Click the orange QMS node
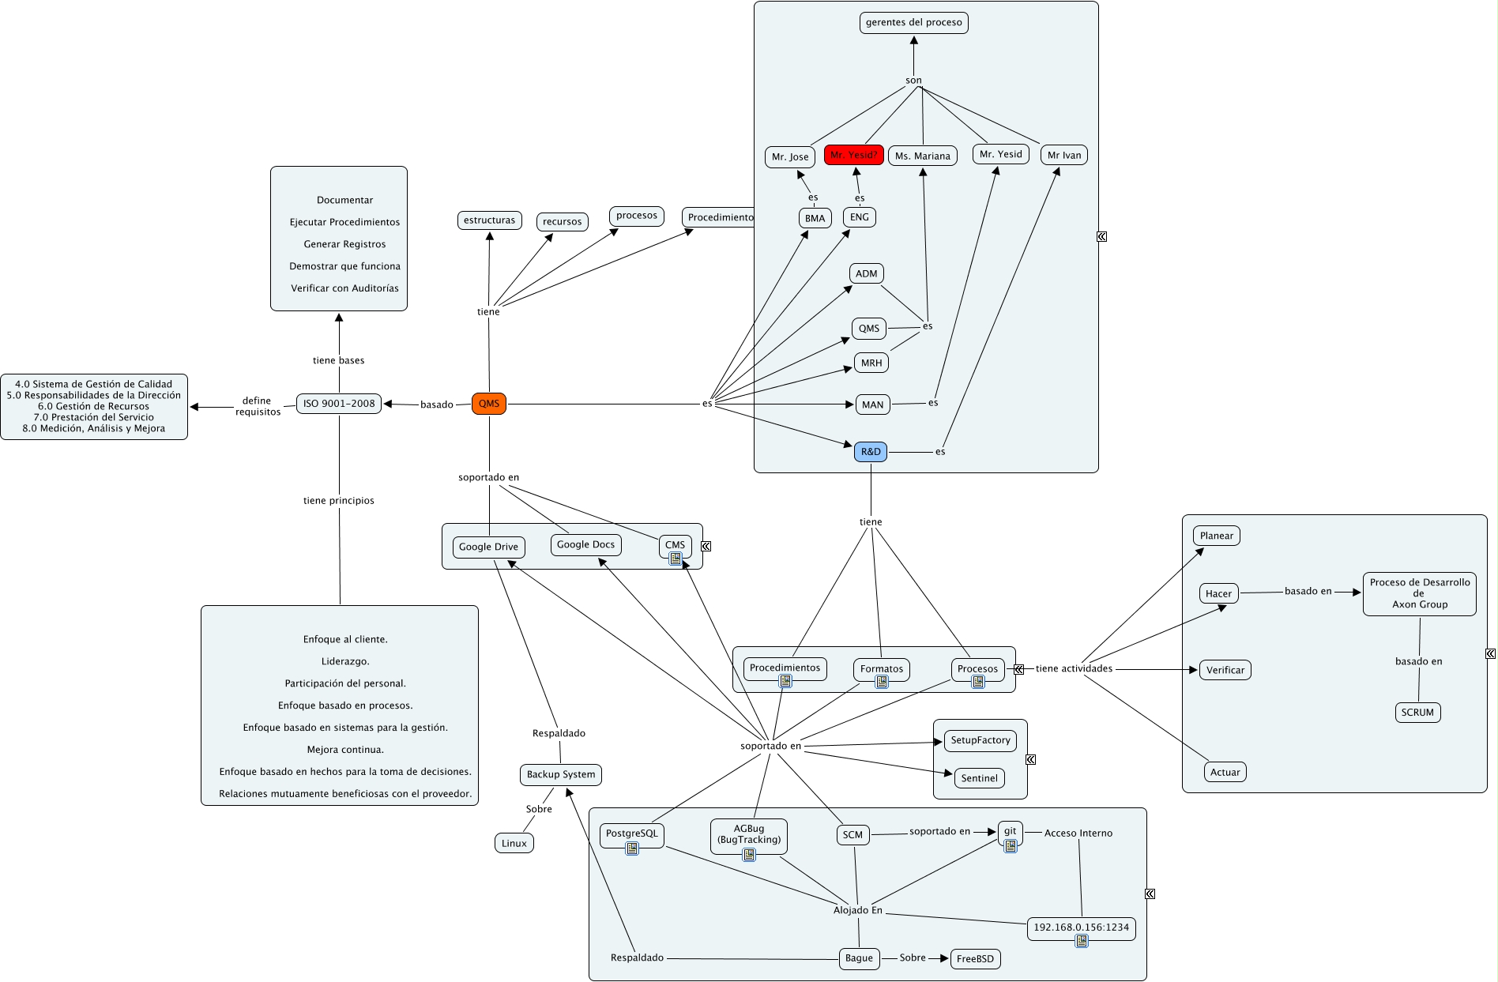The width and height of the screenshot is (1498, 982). pos(488,404)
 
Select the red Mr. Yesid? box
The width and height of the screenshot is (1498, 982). pos(853,155)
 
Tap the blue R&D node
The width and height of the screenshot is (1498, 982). pos(870,452)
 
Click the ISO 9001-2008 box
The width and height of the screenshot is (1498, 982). pos(339,404)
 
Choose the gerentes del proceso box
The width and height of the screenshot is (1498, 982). pos(913,23)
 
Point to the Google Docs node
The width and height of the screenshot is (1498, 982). pos(585,545)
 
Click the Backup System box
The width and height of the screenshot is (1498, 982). pos(561,774)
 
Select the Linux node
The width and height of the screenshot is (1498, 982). pos(514,844)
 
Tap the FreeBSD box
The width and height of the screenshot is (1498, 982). pos(975,959)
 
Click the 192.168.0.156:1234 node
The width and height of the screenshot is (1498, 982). pos(1081,927)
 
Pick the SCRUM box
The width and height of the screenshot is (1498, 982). pos(1417,713)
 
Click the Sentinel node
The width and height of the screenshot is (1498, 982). pos(979,778)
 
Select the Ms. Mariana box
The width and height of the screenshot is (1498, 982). pos(922,156)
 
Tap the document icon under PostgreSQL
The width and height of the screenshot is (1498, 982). pos(632,848)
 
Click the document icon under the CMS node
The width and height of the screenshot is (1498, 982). pos(676,559)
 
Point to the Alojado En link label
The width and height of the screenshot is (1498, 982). pos(857,910)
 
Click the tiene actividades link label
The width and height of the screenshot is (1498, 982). pos(1074,669)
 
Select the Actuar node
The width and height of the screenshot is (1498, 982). pos(1225,773)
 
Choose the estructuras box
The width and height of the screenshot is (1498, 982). pos(489,220)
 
